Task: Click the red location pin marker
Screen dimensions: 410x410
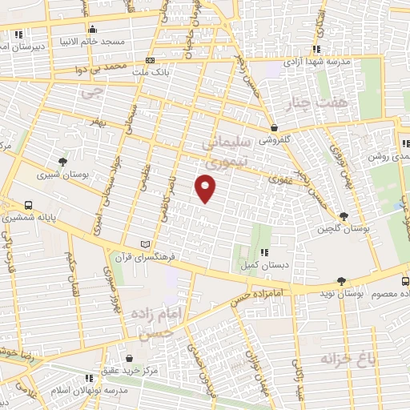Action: tap(206, 188)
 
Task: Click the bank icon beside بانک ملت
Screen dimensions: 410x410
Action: tap(151, 61)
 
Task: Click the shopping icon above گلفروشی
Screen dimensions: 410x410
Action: tap(275, 127)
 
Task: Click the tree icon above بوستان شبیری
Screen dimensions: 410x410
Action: tap(63, 162)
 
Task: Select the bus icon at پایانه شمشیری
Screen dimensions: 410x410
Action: tap(29, 205)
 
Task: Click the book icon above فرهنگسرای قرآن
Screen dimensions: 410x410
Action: tap(145, 243)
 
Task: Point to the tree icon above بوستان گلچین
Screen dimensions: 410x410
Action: tap(344, 216)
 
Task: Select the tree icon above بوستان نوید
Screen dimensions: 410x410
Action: tap(342, 281)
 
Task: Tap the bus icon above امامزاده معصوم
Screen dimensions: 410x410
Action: tap(405, 281)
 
